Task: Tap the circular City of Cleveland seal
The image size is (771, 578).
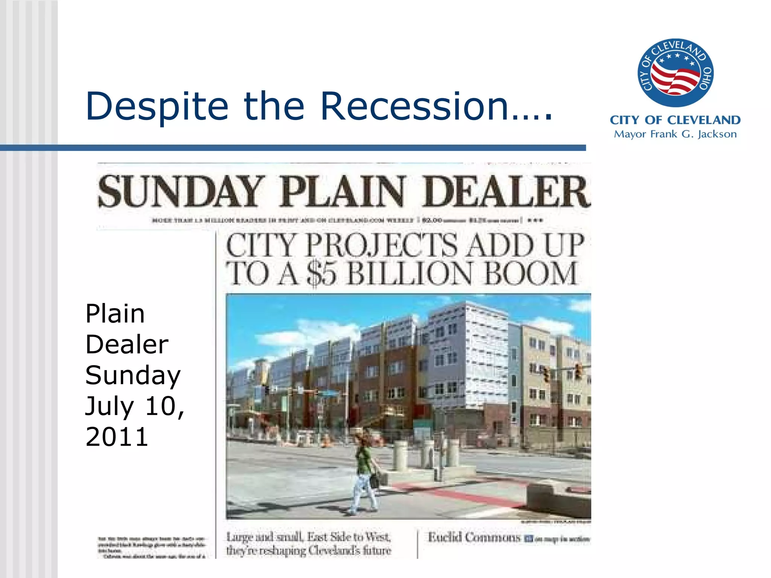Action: [x=675, y=73]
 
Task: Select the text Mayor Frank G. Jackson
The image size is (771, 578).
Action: [x=675, y=134]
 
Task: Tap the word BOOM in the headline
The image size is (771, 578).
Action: [x=530, y=273]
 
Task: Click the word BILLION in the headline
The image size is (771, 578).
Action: [x=409, y=273]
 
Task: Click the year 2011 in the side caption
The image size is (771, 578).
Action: [x=117, y=437]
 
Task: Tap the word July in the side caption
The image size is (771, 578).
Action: [x=110, y=407]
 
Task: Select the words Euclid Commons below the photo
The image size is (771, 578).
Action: [x=474, y=537]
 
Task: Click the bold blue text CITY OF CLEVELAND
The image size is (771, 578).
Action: [x=675, y=120]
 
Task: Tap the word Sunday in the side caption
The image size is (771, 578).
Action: [x=133, y=376]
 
